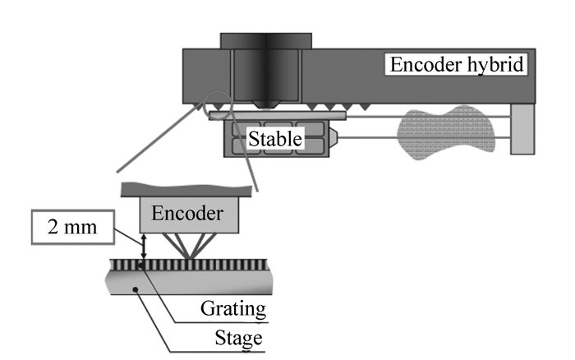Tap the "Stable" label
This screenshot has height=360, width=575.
pyautogui.click(x=275, y=141)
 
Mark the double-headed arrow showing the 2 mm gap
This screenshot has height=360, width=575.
pyautogui.click(x=144, y=246)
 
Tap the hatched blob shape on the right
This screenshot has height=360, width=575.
pyautogui.click(x=443, y=132)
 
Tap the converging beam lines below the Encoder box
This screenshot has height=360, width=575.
pyautogui.click(x=191, y=245)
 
